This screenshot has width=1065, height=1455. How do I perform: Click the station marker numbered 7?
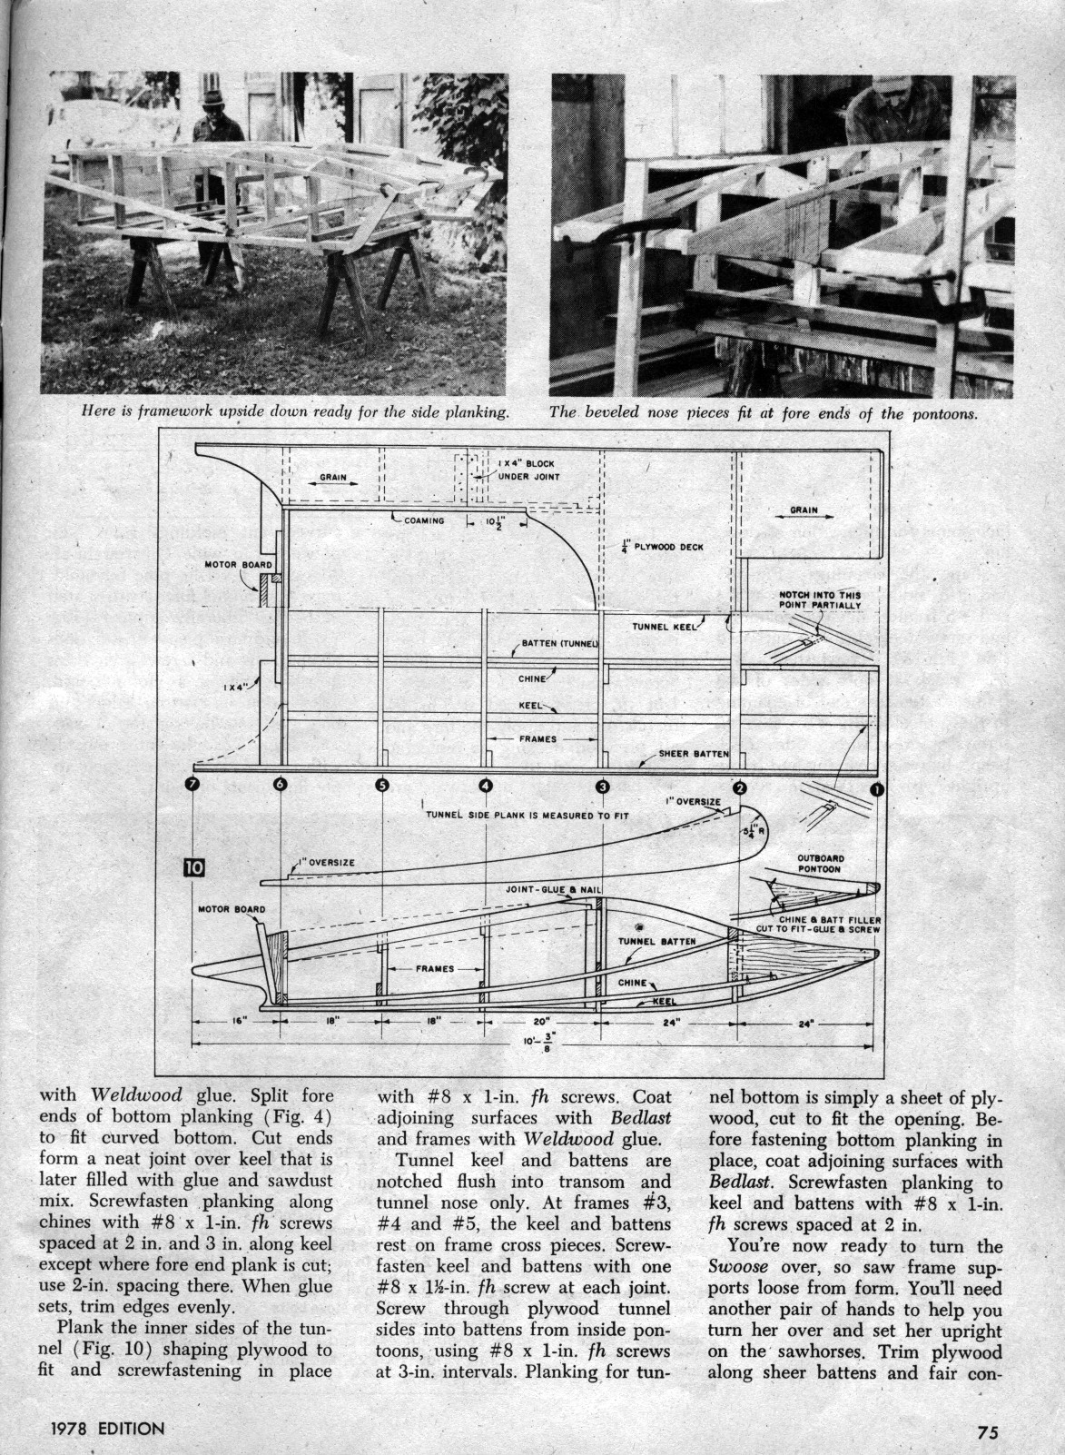192,786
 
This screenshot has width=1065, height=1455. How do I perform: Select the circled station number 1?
877,789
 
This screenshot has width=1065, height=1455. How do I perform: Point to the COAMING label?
420,520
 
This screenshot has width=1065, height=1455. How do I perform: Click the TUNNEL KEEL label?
664,627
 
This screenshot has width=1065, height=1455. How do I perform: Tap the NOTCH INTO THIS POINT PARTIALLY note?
814,600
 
